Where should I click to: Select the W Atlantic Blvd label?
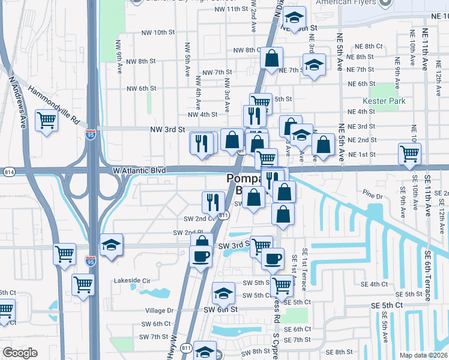(139, 170)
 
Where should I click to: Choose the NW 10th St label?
(159, 32)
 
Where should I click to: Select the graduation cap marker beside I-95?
(111, 245)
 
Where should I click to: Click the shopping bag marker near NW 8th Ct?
(271, 59)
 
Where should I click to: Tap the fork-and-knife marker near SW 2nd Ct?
(212, 202)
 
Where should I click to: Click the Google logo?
(20, 352)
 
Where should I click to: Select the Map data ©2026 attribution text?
(423, 355)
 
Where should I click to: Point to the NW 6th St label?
(141, 88)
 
